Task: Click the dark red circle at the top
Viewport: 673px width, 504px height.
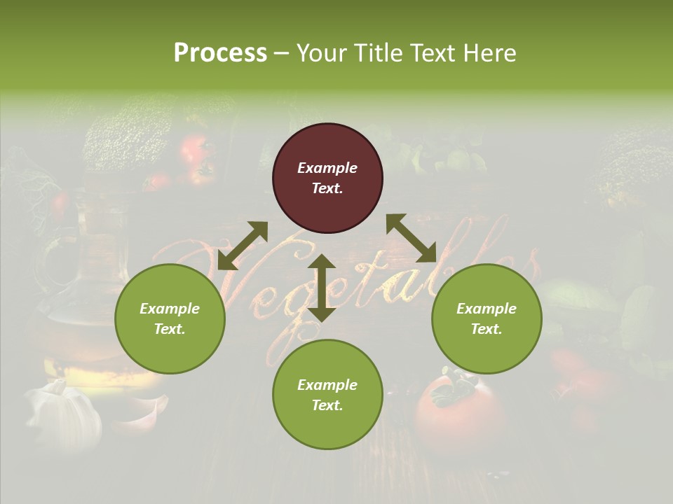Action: pyautogui.click(x=327, y=178)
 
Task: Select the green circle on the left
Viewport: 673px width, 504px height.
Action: pyautogui.click(x=170, y=318)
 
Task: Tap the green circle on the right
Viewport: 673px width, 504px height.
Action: pyautogui.click(x=487, y=318)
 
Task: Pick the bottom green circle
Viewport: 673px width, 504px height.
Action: pyautogui.click(x=327, y=395)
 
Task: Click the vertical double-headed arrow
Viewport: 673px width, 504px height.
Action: pyautogui.click(x=322, y=288)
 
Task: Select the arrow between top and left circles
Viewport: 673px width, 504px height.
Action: pyautogui.click(x=243, y=245)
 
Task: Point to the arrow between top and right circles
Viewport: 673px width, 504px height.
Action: pyautogui.click(x=412, y=238)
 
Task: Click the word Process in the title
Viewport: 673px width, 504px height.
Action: pyautogui.click(x=220, y=53)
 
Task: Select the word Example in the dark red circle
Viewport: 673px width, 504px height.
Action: pyautogui.click(x=327, y=168)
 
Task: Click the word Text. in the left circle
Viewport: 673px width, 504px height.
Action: pyautogui.click(x=170, y=329)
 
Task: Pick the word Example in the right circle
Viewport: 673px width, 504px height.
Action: pyautogui.click(x=487, y=309)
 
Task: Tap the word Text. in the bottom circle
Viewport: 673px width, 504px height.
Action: pyautogui.click(x=327, y=405)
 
